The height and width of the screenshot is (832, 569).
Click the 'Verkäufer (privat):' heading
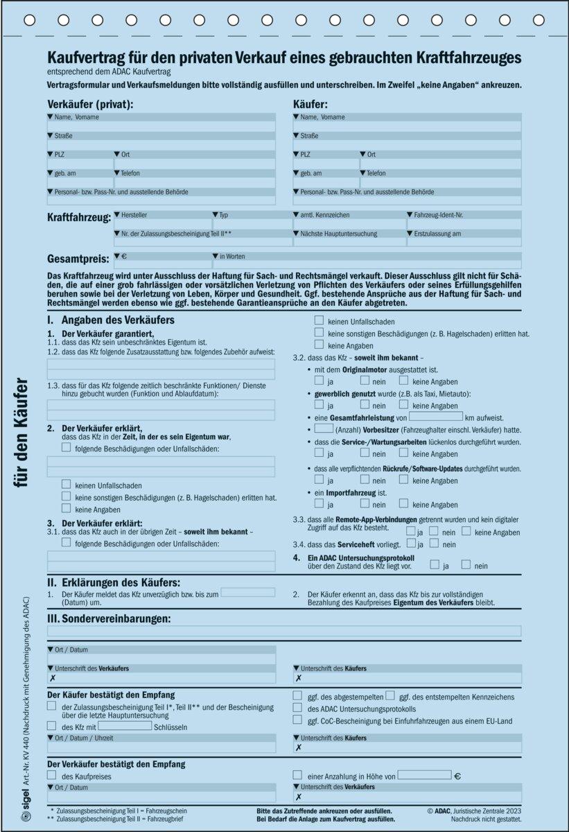90,104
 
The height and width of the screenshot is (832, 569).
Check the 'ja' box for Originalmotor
319,381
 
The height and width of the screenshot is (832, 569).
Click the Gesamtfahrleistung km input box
435,417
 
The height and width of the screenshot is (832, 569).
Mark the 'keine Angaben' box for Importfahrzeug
403,504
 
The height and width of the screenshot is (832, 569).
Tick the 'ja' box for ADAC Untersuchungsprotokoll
435,565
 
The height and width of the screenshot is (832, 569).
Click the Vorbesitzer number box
319,430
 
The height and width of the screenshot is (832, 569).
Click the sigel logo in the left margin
26,816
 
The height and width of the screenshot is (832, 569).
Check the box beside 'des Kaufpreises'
52,776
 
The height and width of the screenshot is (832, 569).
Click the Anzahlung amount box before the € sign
423,775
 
